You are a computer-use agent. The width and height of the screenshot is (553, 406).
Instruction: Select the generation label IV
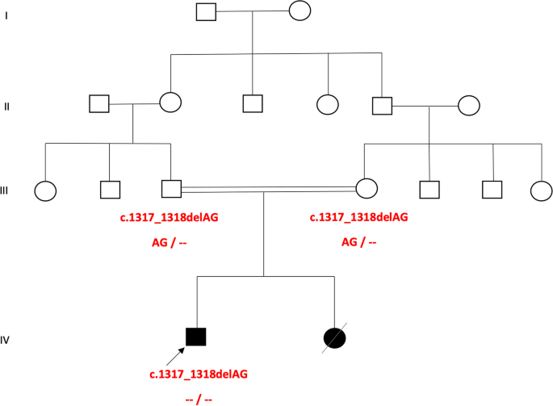click(x=6, y=340)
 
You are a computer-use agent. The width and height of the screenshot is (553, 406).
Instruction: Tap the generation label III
click(x=6, y=190)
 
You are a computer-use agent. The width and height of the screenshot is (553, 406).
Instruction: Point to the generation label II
click(x=6, y=106)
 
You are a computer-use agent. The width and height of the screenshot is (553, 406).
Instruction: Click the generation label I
click(x=6, y=15)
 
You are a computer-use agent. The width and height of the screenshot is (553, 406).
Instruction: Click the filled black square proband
click(x=195, y=337)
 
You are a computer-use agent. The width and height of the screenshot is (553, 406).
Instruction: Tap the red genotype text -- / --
click(x=198, y=399)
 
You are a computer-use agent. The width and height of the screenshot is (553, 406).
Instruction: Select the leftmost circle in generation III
click(x=45, y=190)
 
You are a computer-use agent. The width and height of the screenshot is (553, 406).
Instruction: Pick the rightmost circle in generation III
click(x=541, y=190)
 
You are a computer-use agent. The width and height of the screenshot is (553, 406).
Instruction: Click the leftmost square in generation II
click(x=98, y=103)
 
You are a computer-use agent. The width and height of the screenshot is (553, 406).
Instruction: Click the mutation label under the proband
click(x=199, y=375)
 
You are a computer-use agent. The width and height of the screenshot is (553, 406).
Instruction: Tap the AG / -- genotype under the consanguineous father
click(x=169, y=242)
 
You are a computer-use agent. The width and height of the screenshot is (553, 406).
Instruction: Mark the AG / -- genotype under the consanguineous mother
click(x=359, y=242)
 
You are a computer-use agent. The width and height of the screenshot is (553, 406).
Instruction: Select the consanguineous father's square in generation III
click(x=171, y=189)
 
